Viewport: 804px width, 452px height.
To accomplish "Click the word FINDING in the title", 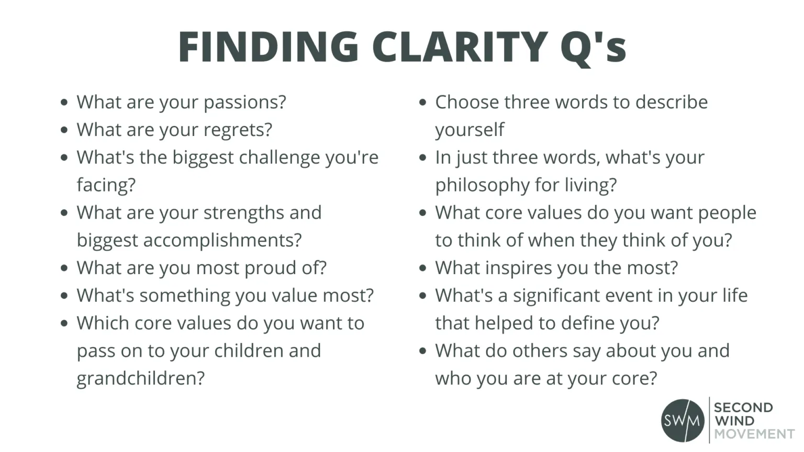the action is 269,47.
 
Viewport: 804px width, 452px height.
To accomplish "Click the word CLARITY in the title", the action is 460,47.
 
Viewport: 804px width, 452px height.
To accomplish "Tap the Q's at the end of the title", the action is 594,49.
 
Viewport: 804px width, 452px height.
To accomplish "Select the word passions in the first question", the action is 245,103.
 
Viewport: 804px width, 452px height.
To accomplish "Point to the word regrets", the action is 238,130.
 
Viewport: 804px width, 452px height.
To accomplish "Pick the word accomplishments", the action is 222,241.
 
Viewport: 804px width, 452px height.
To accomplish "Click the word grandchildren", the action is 141,378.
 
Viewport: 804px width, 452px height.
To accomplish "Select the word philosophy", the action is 483,186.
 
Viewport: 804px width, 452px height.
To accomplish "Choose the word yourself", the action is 470,130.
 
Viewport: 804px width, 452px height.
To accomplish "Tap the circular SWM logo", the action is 683,421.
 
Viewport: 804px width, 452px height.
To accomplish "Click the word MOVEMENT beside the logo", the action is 754,434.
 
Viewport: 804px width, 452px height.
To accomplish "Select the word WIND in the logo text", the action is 734,421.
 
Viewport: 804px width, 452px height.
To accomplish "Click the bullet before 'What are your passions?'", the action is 64,103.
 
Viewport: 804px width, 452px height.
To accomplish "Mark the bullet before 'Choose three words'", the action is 423,103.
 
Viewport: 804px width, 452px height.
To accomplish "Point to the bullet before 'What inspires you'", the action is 423,268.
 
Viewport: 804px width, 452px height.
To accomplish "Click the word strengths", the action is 244,213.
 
